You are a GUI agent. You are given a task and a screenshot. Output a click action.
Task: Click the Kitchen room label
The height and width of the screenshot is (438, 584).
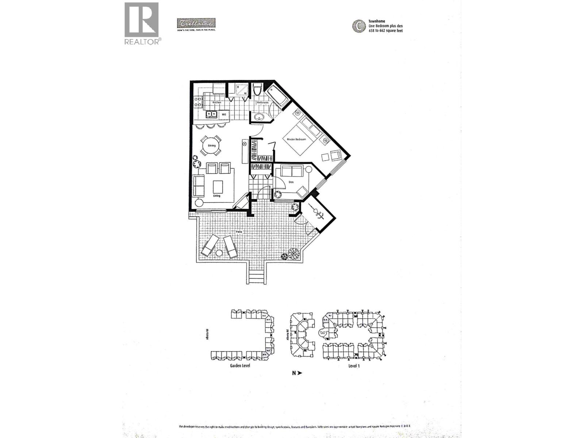[x=217, y=103]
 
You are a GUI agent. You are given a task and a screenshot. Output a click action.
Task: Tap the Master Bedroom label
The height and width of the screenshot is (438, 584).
[x=296, y=139]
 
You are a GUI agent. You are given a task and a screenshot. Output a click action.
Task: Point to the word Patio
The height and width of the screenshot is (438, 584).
[x=239, y=231]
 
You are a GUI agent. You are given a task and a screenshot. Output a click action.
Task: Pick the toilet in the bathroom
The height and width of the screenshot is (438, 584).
[x=257, y=90]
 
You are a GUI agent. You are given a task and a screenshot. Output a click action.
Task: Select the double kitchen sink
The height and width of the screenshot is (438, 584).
[x=211, y=115]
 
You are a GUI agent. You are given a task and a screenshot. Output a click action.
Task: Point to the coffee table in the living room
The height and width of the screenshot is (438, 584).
[x=218, y=187]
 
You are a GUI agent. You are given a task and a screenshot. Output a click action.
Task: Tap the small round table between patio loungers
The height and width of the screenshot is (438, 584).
[x=219, y=253]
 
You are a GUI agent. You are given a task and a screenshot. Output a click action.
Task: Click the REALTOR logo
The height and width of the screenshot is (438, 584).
[x=142, y=23]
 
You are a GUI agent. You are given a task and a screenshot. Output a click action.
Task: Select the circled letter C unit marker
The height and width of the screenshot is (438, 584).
[x=359, y=26]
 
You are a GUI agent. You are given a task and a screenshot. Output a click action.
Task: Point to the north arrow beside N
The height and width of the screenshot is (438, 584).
[x=300, y=373]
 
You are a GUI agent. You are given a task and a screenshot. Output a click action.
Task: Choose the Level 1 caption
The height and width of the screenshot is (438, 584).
[x=354, y=365]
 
